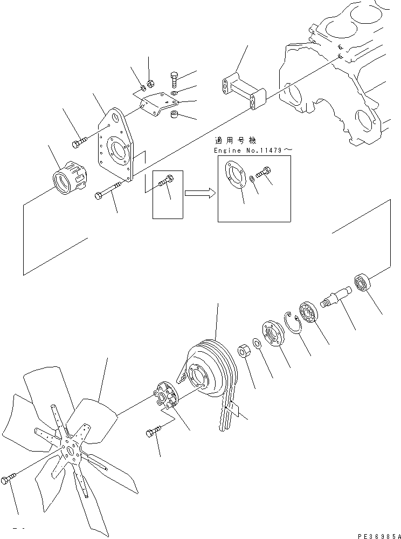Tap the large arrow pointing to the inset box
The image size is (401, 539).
point(199,192)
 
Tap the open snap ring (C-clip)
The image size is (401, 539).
point(293,324)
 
